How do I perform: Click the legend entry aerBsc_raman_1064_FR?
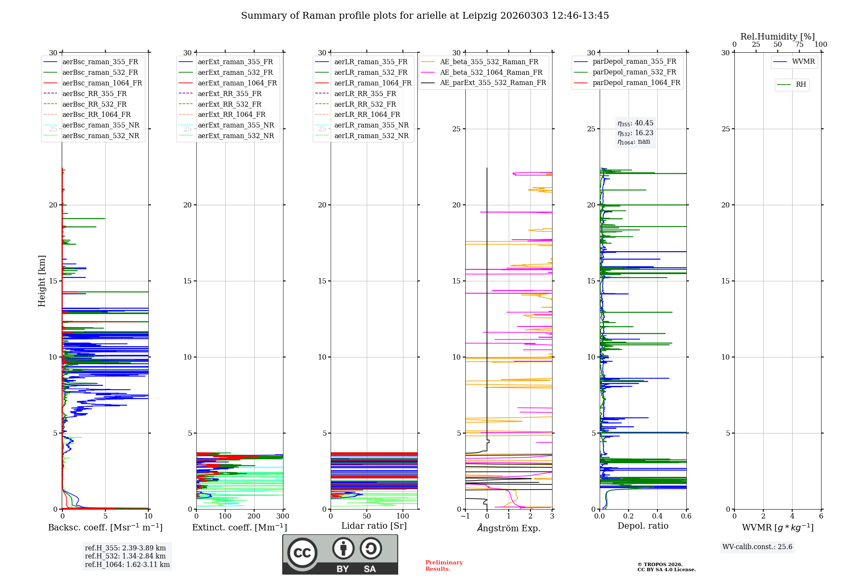pos(93,83)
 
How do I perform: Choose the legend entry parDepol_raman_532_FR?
pos(625,72)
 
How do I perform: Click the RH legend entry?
pos(791,85)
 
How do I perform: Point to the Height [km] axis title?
pos(42,281)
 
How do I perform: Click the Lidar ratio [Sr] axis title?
pos(374,526)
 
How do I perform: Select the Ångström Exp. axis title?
pos(509,528)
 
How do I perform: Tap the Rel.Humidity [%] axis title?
pos(778,37)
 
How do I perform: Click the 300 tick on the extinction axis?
pos(283,516)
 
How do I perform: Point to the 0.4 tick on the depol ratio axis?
pos(657,516)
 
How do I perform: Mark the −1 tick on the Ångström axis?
pos(465,516)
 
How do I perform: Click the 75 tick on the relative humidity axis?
pos(799,44)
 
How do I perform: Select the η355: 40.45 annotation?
pos(635,123)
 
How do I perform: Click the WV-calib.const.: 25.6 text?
pos(757,547)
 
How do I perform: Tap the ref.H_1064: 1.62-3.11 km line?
pos(127,564)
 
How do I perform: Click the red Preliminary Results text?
pos(444,566)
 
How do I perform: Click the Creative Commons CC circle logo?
pos(302,553)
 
